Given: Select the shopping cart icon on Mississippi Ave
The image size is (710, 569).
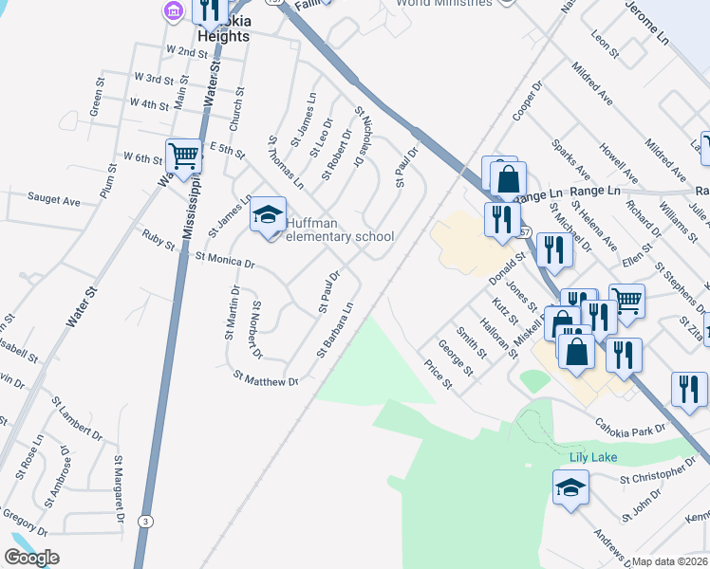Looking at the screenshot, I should click(x=183, y=156).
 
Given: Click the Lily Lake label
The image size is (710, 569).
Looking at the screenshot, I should click(x=593, y=457).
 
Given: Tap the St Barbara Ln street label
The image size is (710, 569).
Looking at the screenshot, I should click(x=335, y=330).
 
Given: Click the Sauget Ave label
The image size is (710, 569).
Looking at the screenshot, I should click(x=54, y=200).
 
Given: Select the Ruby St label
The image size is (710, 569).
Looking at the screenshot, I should click(x=159, y=239).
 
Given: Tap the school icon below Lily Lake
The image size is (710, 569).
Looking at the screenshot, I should click(x=570, y=487).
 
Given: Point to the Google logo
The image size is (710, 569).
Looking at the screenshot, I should click(x=31, y=558).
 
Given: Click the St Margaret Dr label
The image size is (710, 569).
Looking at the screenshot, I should click(x=120, y=489).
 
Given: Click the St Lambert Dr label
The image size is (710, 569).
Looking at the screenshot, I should click(x=77, y=419).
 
